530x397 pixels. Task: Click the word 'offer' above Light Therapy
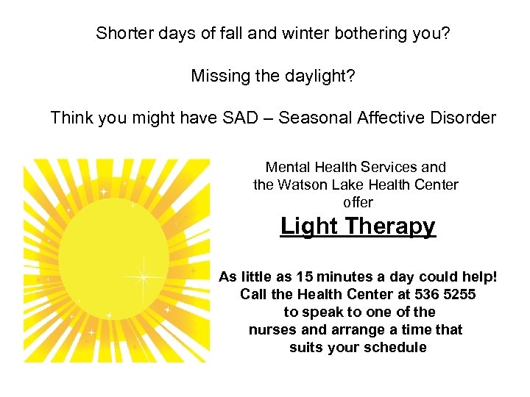[x=358, y=201]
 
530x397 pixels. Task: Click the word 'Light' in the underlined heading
[x=308, y=226]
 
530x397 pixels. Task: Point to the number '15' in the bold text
[x=304, y=277]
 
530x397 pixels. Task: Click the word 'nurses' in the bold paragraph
[x=272, y=330]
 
